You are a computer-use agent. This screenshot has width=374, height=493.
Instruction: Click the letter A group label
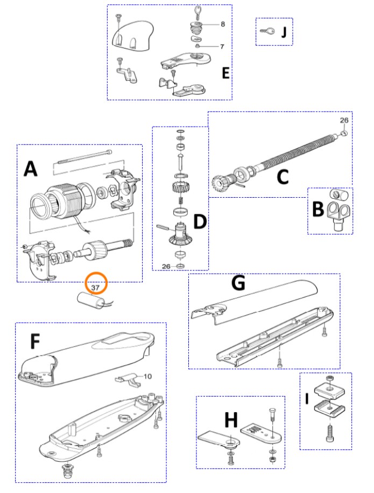(x=31, y=170)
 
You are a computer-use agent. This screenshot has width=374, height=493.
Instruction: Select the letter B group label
(x=317, y=210)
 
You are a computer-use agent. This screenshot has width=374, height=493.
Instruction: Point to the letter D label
(x=200, y=221)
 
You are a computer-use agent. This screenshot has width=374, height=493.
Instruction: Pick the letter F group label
(x=34, y=342)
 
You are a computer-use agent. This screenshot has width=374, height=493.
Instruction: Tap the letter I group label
(x=307, y=399)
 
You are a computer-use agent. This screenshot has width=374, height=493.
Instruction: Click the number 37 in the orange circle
(x=96, y=288)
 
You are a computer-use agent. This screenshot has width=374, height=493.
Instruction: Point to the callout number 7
(x=221, y=47)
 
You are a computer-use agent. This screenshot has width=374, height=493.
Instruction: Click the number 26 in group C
(x=344, y=120)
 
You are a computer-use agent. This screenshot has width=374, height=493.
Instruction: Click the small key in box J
(x=267, y=31)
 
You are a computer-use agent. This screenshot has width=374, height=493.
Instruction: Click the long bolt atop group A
(x=83, y=156)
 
